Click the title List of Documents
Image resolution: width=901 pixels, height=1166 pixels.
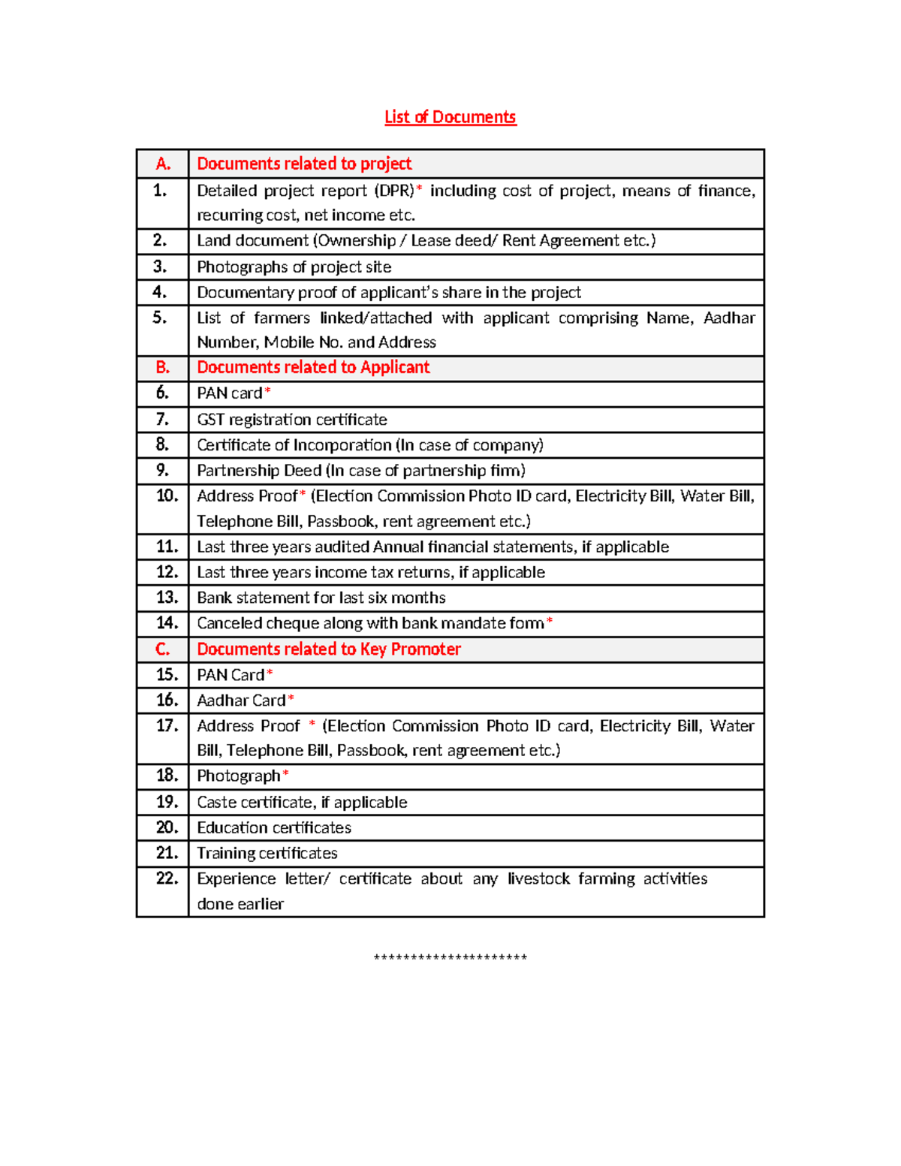(450, 117)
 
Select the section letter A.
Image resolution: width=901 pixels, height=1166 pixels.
(163, 164)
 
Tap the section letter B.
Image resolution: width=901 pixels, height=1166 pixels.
(163, 367)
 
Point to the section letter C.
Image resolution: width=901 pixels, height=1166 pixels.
(163, 649)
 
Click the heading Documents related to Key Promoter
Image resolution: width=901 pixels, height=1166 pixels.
(329, 649)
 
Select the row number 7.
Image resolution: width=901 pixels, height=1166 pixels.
(162, 419)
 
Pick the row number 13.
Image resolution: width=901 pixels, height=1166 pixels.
(167, 598)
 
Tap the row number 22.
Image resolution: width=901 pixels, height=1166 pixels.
(167, 878)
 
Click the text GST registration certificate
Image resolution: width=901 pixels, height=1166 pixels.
(292, 420)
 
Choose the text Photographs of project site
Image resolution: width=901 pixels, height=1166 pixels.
(294, 267)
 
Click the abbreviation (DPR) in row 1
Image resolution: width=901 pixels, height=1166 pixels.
(394, 191)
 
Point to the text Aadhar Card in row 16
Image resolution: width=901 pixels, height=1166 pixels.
(241, 701)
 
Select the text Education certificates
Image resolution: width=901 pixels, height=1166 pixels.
(274, 827)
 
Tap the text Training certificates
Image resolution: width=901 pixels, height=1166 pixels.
(267, 853)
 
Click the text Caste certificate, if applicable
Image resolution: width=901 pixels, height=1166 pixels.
(302, 802)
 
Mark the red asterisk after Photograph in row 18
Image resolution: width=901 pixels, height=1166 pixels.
(285, 774)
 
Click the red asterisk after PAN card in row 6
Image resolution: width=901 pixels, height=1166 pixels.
(267, 391)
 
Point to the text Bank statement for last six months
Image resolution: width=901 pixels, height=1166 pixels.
(321, 598)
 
